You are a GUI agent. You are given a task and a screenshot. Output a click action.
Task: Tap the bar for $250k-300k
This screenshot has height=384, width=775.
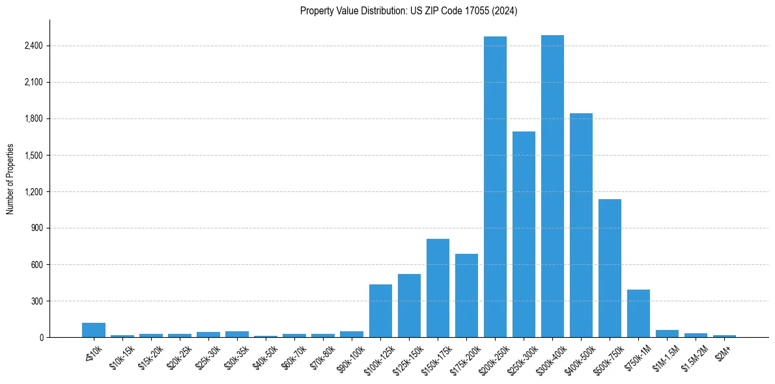click(524, 234)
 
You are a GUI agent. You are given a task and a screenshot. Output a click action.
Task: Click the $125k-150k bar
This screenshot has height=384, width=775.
click(409, 306)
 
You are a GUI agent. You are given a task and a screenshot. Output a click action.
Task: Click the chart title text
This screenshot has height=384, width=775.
click(408, 10)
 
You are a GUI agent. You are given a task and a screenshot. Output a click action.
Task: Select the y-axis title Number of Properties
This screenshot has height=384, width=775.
click(10, 179)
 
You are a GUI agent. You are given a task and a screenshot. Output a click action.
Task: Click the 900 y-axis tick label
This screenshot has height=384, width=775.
click(37, 228)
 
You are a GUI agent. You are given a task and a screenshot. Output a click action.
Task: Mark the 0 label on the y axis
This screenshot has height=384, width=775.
click(40, 338)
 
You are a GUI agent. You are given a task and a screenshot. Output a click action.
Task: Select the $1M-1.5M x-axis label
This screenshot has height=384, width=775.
click(664, 354)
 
